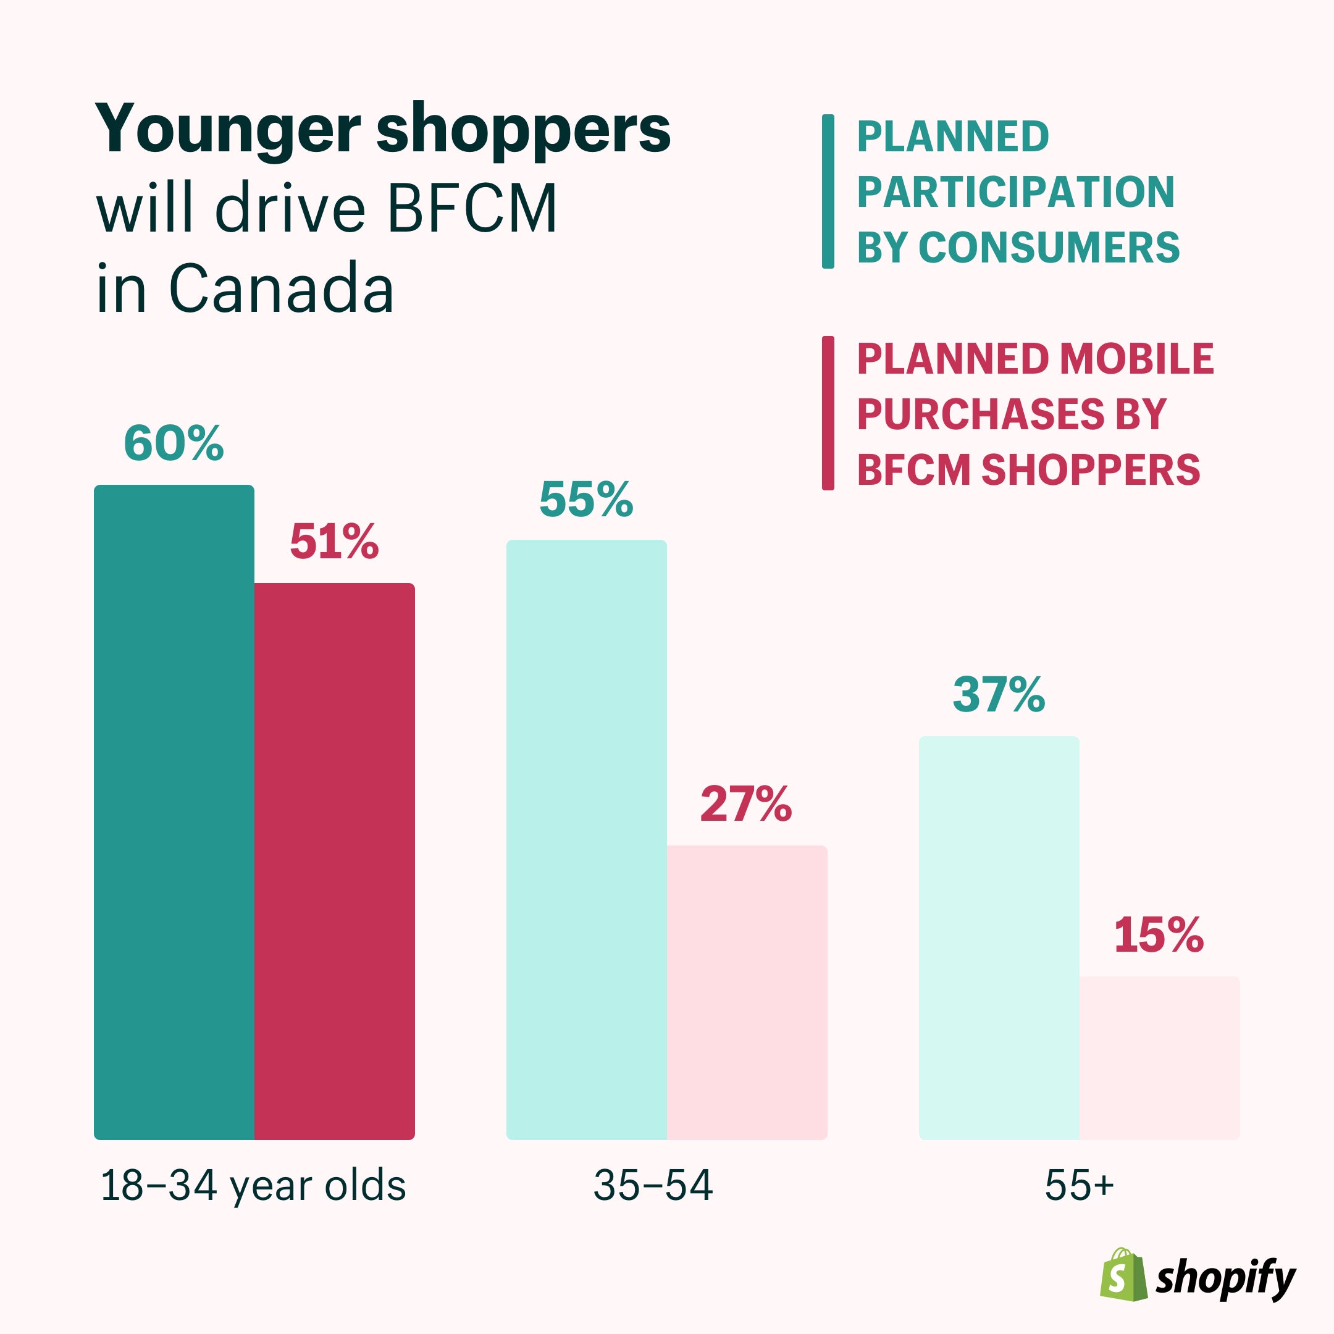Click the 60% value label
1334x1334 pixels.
(174, 443)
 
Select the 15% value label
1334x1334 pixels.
(1159, 935)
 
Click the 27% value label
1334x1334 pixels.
(745, 803)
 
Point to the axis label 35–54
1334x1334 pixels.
(653, 1186)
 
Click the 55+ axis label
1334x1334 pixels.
(1078, 1186)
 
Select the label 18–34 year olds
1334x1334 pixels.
(253, 1186)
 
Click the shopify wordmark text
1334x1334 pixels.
(1225, 1279)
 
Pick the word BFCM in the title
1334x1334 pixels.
(472, 209)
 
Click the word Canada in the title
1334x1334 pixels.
(281, 288)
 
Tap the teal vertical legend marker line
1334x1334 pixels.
(828, 191)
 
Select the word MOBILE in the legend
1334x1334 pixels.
(1136, 359)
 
